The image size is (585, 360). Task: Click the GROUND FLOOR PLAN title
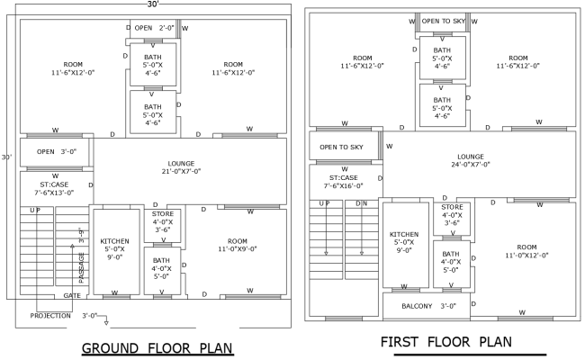click(x=157, y=348)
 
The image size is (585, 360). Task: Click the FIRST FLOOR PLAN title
click(x=445, y=342)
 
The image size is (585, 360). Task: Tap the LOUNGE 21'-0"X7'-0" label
click(x=181, y=166)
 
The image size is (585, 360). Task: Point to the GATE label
click(x=72, y=295)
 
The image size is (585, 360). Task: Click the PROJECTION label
click(x=49, y=316)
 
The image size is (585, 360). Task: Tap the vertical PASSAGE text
click(x=81, y=268)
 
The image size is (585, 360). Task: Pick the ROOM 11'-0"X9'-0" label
click(x=237, y=245)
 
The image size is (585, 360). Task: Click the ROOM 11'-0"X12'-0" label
click(x=526, y=250)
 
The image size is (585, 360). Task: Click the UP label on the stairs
click(x=34, y=211)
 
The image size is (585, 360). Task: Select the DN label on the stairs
click(x=361, y=203)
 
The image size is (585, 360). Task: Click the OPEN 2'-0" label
click(x=154, y=29)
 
